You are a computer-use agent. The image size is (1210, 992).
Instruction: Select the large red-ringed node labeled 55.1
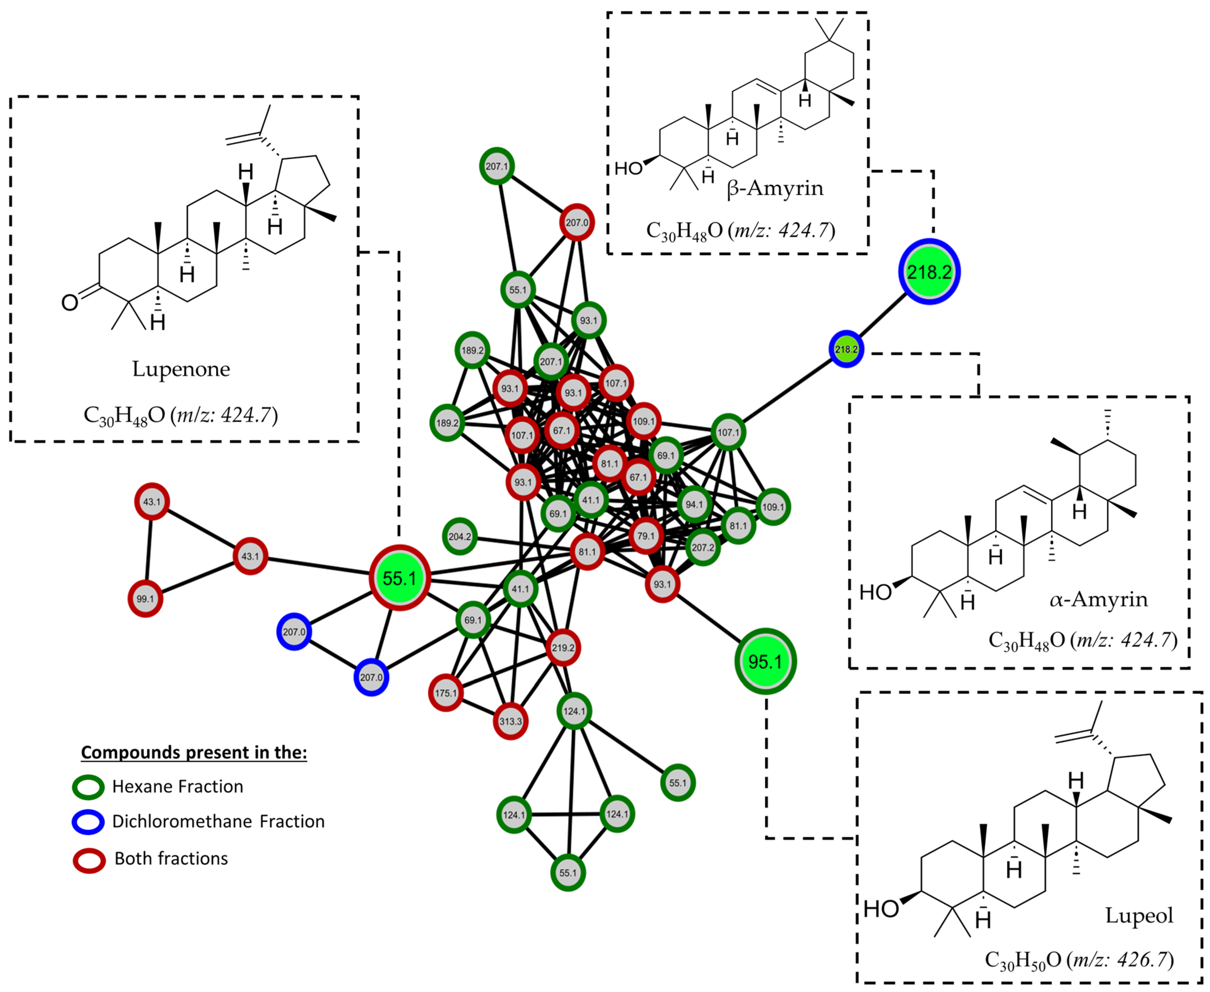coord(399,578)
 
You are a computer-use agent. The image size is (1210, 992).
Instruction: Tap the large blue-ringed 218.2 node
coord(929,271)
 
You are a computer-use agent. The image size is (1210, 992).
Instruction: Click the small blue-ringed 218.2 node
coord(846,348)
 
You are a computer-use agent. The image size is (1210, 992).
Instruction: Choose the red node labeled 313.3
coord(510,721)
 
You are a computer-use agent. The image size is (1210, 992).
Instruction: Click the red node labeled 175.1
coord(446,693)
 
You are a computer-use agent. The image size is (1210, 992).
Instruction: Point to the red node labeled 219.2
coord(563,647)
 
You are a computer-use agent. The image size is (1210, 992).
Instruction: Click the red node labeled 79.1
coord(646,535)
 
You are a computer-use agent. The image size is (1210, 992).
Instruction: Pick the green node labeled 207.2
coord(702,547)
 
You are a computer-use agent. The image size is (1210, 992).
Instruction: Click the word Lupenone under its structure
coord(181,369)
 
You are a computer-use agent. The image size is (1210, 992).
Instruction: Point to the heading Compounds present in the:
coord(194,752)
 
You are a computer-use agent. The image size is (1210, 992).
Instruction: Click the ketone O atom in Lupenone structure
coord(70,302)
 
